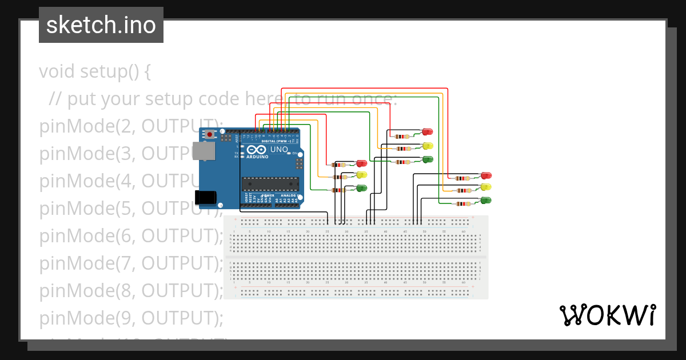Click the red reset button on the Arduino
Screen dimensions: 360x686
coord(210,134)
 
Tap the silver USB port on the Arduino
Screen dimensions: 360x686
coord(203,151)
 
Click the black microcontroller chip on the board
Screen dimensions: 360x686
coord(270,183)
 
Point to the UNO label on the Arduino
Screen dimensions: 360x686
coord(279,150)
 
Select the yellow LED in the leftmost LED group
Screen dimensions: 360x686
coord(361,175)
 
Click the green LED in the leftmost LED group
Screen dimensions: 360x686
coord(361,188)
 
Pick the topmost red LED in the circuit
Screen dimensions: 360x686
coord(427,132)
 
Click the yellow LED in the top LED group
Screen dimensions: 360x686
coord(427,146)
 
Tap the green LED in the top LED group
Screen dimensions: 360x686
coord(427,159)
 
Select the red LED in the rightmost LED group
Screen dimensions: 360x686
coord(486,175)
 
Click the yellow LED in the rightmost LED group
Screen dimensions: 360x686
coord(486,187)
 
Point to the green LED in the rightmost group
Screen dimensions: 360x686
coord(486,200)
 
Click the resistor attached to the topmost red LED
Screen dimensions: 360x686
coord(403,137)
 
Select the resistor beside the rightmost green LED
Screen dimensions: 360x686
coord(462,203)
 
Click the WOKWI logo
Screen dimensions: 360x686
coord(607,315)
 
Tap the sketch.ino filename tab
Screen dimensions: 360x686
coord(101,25)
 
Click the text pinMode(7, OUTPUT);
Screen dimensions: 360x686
coord(131,263)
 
